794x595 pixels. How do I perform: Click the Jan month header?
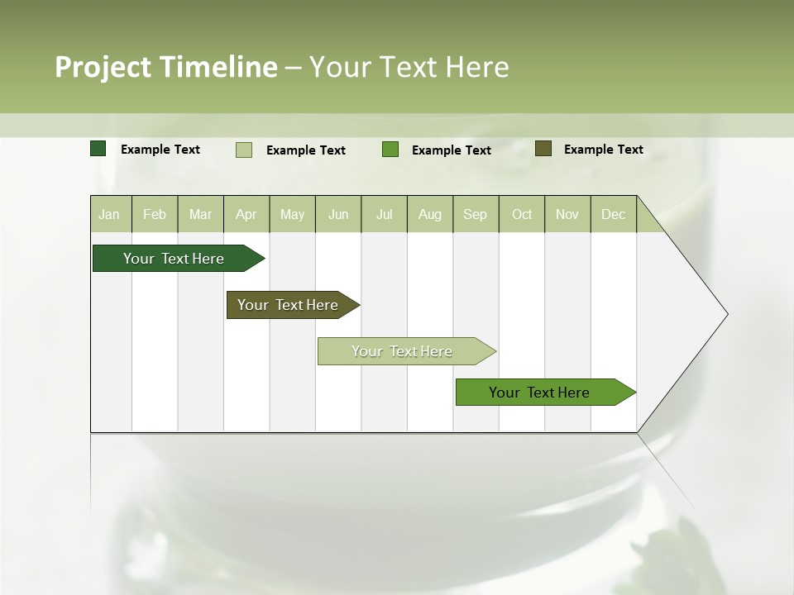click(x=109, y=214)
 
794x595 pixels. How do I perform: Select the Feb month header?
click(x=155, y=214)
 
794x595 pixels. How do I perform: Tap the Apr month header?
click(x=246, y=214)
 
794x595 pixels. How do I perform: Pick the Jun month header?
click(x=338, y=214)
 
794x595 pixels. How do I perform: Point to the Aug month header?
click(x=429, y=214)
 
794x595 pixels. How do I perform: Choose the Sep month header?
click(x=475, y=214)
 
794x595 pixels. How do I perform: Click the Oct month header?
click(x=522, y=214)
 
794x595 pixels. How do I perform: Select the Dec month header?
click(x=613, y=214)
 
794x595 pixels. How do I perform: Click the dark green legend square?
click(x=98, y=149)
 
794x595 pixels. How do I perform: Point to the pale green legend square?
click(x=244, y=150)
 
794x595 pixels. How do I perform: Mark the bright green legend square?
click(x=390, y=150)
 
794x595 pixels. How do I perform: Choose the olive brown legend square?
click(x=543, y=149)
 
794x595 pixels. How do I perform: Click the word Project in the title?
click(x=103, y=67)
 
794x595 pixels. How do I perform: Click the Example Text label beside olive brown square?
click(x=603, y=150)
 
